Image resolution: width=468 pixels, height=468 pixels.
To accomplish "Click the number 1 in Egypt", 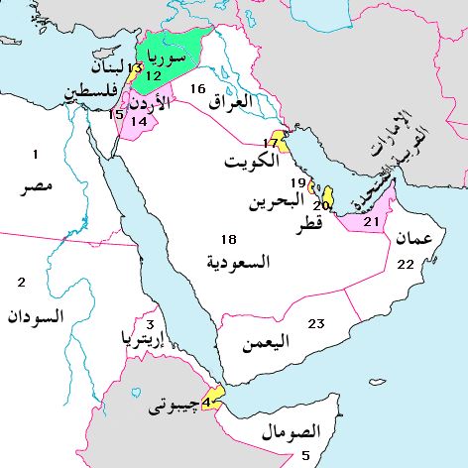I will (36, 155).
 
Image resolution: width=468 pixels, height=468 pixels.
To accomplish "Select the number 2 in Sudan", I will (21, 284).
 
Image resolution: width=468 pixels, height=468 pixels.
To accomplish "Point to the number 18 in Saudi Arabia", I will (229, 240).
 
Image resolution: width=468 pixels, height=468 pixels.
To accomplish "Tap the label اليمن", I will (266, 343).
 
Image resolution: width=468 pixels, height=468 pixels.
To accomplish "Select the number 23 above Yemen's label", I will (316, 324).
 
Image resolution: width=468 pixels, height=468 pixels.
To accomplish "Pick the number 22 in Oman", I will (405, 264).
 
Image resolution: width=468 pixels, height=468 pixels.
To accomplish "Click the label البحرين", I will (272, 204).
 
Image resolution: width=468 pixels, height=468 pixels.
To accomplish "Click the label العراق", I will (231, 100).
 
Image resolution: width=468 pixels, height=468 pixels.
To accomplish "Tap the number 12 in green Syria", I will (153, 74).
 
